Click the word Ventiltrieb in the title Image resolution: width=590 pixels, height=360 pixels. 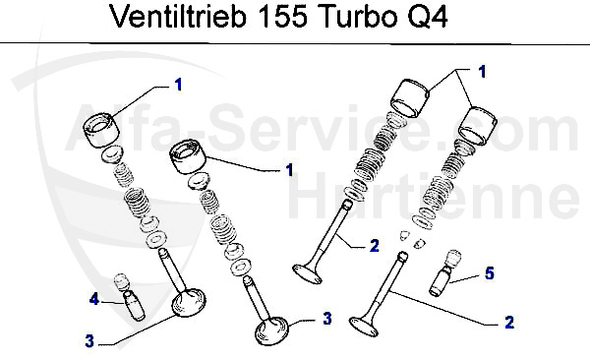178,16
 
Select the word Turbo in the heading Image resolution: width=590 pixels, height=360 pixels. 360,16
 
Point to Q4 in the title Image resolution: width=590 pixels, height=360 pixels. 427,17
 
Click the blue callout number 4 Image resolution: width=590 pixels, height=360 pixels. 93,299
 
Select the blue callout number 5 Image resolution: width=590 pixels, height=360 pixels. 489,273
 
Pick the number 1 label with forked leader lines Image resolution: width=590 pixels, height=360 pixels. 482,72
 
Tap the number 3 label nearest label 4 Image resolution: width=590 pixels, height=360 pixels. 89,341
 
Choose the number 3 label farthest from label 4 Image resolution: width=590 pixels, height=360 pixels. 327,319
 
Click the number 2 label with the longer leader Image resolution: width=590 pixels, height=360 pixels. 509,323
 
